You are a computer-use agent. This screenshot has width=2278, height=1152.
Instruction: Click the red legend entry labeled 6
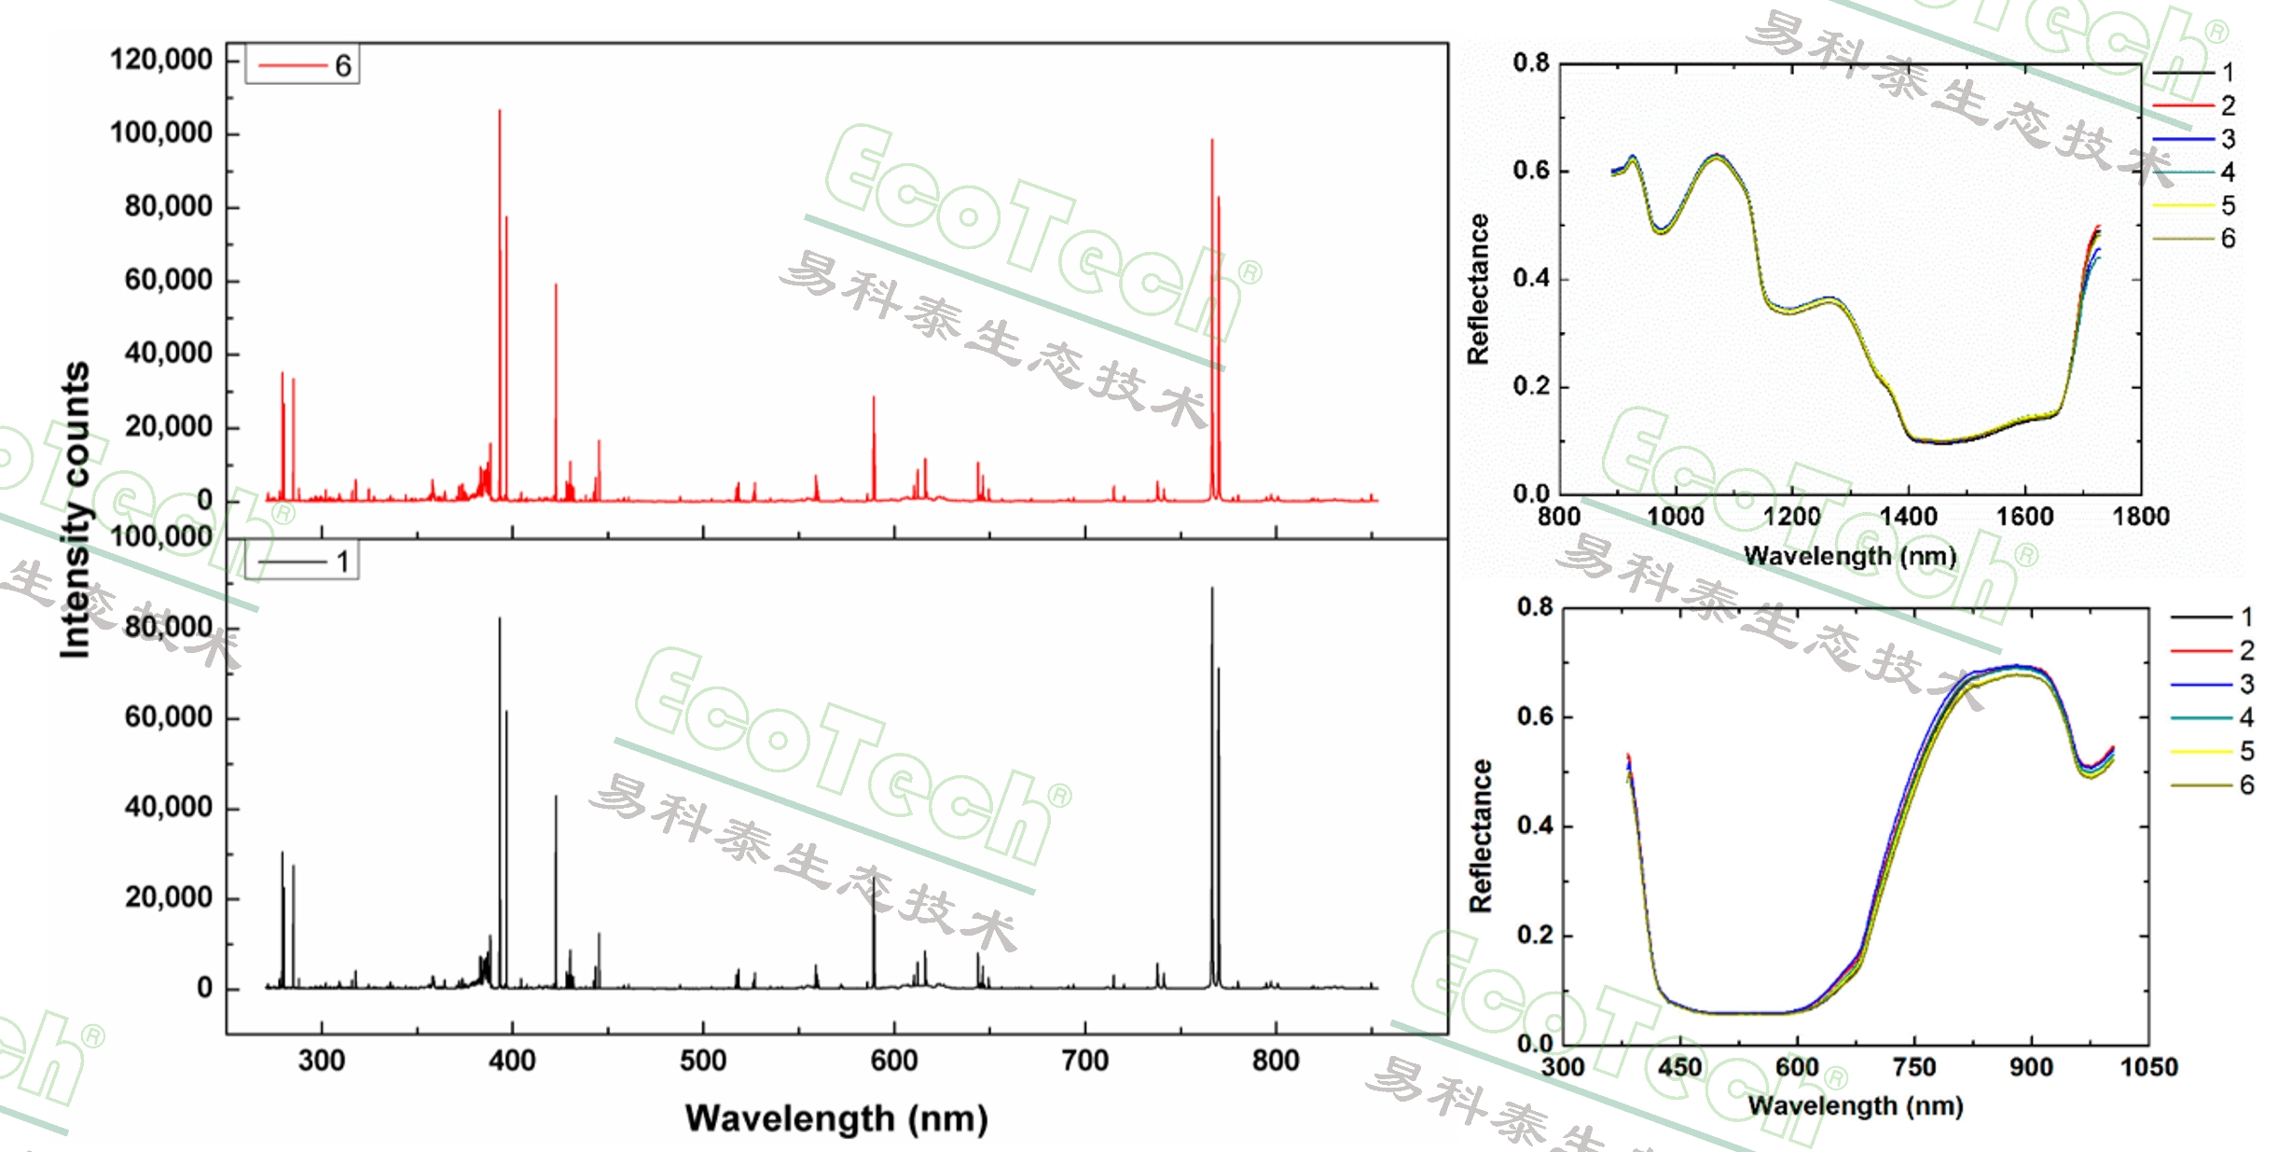coord(304,65)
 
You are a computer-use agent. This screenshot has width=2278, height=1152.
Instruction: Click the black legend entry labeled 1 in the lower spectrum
coord(304,562)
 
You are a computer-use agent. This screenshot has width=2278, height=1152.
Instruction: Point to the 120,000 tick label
coord(161,60)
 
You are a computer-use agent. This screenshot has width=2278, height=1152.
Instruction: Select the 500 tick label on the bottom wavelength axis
coord(703,1061)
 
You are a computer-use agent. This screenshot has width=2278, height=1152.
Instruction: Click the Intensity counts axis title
coord(75,509)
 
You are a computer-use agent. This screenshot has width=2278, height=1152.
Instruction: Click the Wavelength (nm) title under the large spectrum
coord(836,1117)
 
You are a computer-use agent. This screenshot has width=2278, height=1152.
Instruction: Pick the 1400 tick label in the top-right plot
coord(1908,516)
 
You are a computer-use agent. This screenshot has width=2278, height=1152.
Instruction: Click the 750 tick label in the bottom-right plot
coord(1914,1067)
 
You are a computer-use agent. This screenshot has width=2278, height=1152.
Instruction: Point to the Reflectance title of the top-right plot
coord(1478,288)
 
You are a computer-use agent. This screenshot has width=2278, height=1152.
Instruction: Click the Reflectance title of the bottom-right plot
coord(1481,835)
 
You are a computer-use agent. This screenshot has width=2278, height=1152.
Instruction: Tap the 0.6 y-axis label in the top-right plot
coord(1531,171)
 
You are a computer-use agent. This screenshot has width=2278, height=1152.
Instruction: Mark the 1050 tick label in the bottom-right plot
coord(2148,1067)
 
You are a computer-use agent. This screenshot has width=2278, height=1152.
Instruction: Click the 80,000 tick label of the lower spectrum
coord(168,627)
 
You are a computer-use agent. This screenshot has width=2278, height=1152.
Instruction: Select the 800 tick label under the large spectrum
coord(1275,1061)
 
